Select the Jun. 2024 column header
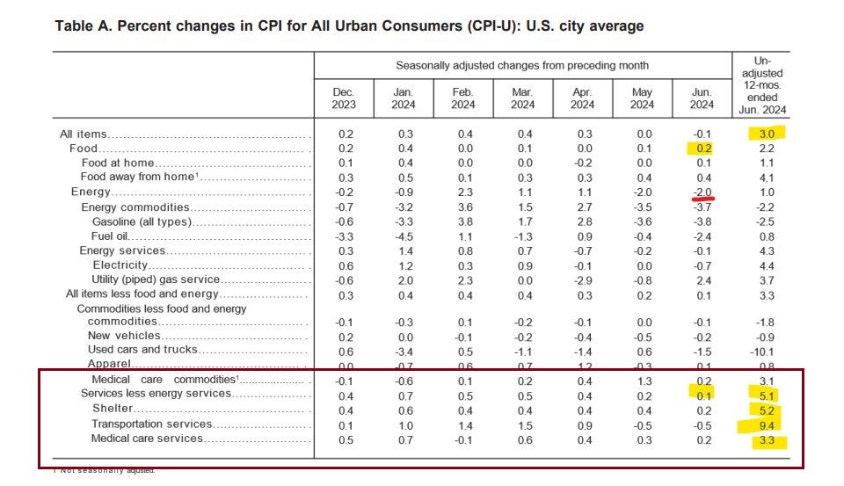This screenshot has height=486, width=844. tap(702, 98)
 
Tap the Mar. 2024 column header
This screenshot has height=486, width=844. tap(522, 98)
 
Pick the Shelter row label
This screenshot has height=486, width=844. tap(113, 409)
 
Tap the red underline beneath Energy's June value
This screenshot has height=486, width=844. tap(703, 199)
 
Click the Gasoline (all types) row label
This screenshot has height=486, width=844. tap(141, 221)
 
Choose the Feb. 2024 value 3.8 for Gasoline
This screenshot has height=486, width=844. tap(462, 221)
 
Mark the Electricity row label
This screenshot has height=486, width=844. tap(120, 265)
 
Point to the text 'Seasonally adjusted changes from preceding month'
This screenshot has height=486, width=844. tap(522, 65)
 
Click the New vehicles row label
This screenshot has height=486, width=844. tap(124, 336)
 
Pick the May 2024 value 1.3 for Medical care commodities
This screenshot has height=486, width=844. tap(643, 380)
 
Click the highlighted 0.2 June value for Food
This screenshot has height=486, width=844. tap(703, 149)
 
